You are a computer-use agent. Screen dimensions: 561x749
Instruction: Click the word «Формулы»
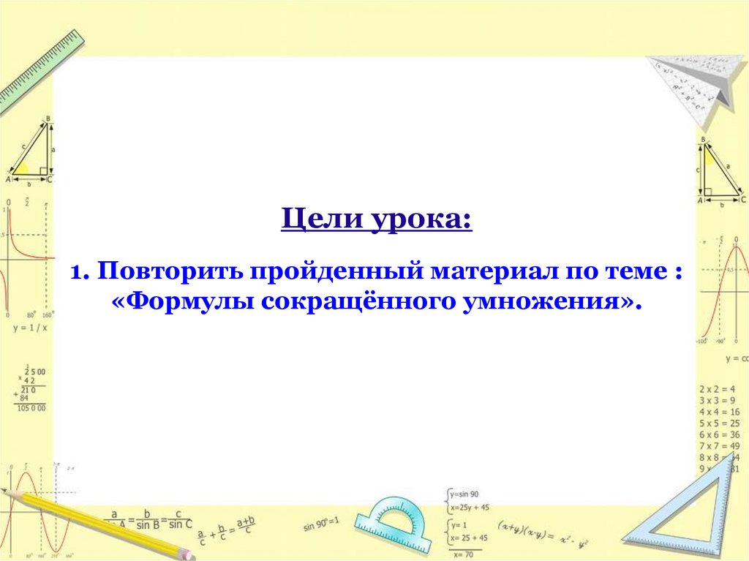point(186,301)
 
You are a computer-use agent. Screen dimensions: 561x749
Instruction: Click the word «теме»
point(635,273)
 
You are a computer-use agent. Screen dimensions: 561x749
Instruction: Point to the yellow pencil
point(102,524)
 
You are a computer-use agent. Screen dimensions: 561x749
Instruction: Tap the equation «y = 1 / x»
point(30,327)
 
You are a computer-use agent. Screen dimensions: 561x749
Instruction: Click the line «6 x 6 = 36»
point(718,434)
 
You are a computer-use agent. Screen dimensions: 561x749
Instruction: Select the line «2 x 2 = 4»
point(717,389)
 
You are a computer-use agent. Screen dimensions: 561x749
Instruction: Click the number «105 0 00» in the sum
point(31,407)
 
